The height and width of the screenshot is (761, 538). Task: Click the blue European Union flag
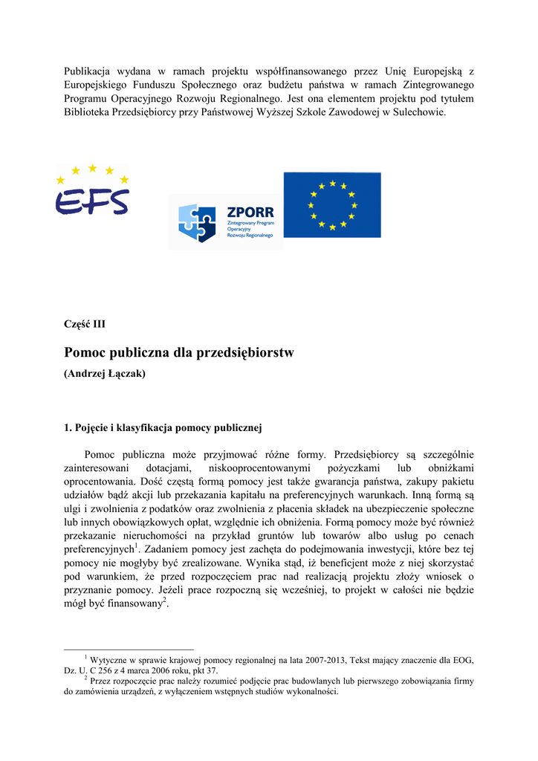(332, 204)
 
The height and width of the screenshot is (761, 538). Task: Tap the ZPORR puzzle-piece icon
(197, 222)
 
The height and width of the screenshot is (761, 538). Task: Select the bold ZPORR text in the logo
(250, 213)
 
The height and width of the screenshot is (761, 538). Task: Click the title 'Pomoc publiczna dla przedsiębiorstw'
(178, 353)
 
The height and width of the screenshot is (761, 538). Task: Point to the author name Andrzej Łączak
(105, 374)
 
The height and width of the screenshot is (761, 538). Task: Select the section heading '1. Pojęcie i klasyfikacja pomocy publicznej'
(163, 428)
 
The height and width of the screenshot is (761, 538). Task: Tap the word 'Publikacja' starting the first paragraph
(88, 71)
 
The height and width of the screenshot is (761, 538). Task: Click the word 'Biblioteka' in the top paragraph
(90, 111)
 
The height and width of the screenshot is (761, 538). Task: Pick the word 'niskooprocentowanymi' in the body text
(259, 467)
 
